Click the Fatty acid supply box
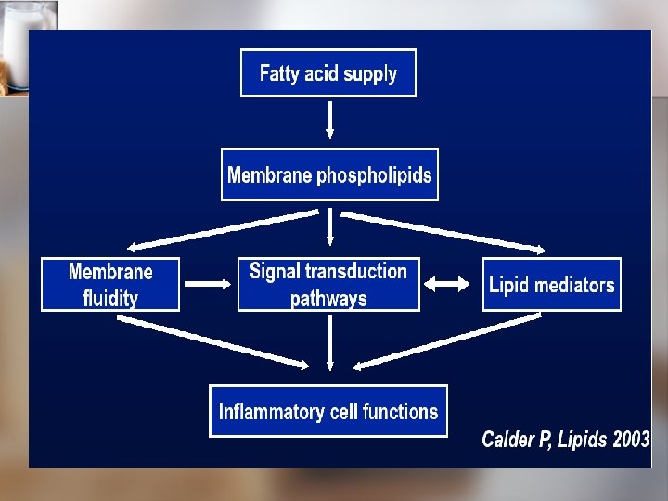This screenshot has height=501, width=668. coord(328,73)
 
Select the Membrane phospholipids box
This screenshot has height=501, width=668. coord(329,174)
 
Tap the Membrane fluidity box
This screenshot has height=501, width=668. coord(110,284)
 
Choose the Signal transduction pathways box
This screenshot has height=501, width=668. coord(328,284)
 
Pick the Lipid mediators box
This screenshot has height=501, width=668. coord(551,284)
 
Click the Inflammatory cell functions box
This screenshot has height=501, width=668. coord(328,411)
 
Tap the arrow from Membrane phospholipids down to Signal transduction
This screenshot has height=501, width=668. coord(330,228)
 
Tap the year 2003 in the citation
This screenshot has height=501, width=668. coord(631,440)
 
